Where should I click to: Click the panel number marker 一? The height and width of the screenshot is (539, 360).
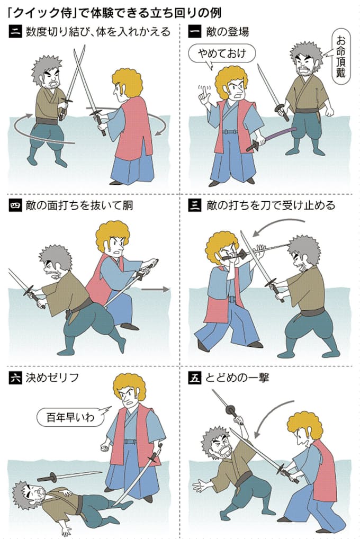(x=195, y=32)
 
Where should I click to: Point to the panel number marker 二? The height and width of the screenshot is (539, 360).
(x=15, y=32)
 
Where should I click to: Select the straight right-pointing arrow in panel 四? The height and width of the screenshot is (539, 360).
(x=158, y=289)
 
